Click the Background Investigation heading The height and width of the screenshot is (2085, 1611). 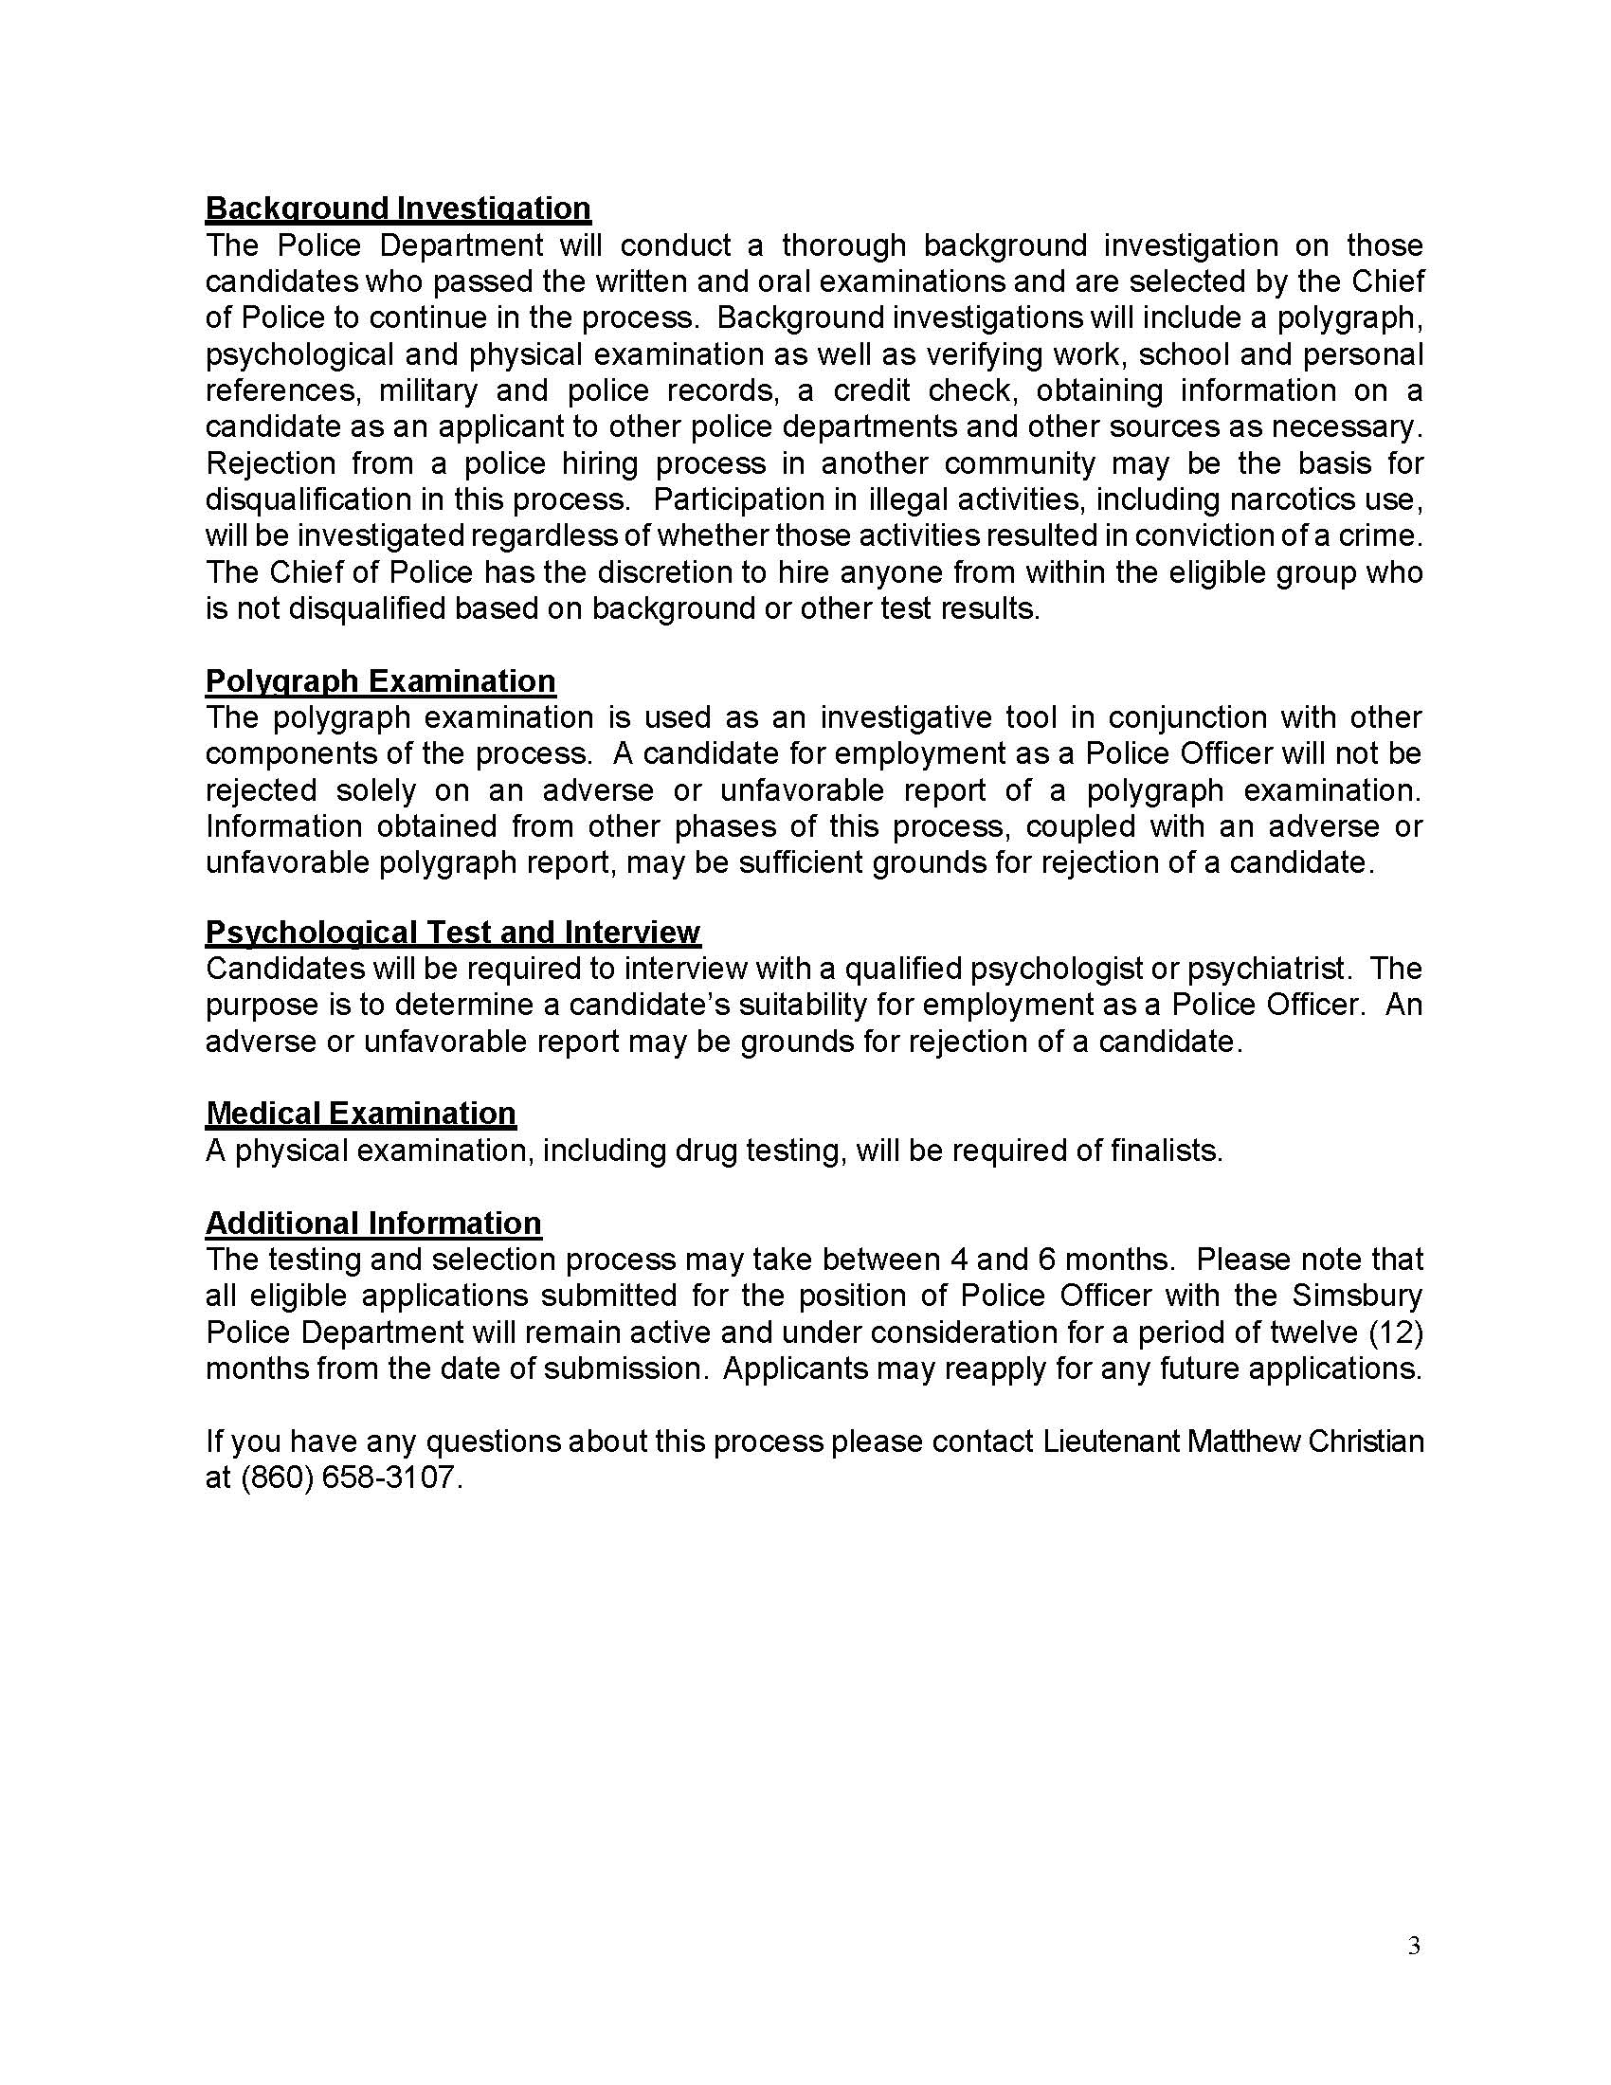(398, 208)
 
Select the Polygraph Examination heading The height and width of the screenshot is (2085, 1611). (380, 680)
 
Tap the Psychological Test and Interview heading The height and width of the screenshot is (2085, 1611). (452, 932)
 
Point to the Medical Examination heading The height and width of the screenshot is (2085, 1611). (361, 1114)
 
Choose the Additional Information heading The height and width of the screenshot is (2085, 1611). (373, 1223)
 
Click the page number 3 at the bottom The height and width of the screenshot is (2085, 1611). (1414, 1946)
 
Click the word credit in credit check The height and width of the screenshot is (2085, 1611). (871, 390)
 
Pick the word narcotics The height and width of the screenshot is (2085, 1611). (1294, 499)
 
